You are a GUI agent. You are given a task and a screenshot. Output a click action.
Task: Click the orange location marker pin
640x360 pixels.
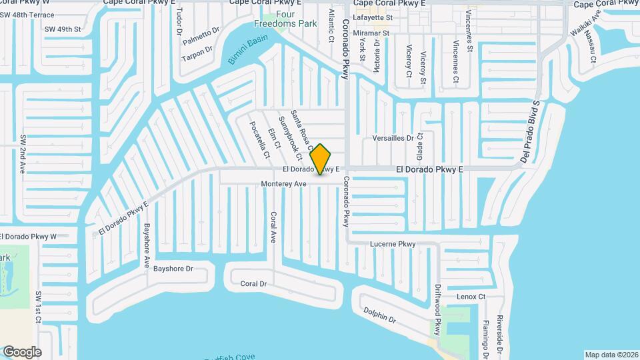coord(321,159)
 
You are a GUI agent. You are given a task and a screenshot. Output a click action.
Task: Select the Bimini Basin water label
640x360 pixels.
coord(247,49)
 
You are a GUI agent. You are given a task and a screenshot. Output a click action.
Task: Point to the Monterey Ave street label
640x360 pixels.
coord(283,183)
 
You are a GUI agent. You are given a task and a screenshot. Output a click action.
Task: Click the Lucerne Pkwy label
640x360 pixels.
coord(393,245)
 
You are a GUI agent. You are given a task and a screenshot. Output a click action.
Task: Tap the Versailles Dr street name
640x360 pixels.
coord(393,139)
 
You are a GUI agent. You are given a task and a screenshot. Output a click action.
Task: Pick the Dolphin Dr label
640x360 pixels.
coord(379,315)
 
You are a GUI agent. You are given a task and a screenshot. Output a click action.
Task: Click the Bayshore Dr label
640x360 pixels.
coord(173,269)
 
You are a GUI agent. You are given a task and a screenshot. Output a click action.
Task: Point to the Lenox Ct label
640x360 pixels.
coord(471,297)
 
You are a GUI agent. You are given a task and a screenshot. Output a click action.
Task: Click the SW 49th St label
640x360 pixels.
coord(63,29)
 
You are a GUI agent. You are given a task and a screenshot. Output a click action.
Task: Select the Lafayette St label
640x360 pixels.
coord(373,17)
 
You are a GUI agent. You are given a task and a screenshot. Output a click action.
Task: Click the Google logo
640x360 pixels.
coord(22,352)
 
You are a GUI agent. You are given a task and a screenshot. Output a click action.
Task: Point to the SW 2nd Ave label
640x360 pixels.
coord(23,155)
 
